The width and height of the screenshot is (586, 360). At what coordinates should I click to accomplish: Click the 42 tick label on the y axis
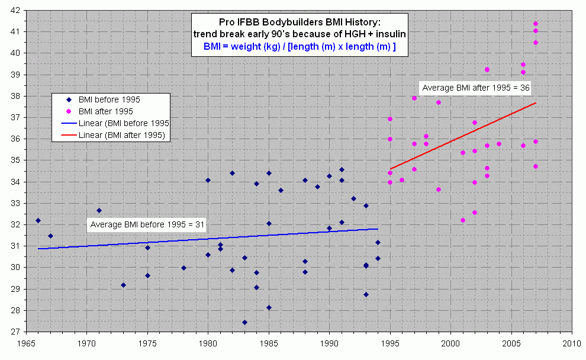[15, 10]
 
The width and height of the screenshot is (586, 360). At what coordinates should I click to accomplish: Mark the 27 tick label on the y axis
[15, 332]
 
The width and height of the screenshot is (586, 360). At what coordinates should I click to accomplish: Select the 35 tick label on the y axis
[15, 160]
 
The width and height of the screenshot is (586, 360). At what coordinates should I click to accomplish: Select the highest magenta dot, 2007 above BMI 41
[535, 24]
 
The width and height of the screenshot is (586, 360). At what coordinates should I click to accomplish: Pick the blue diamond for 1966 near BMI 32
[38, 220]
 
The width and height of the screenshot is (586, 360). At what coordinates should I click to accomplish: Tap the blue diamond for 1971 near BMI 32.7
[99, 210]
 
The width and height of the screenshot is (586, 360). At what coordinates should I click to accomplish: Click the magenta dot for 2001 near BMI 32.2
[462, 220]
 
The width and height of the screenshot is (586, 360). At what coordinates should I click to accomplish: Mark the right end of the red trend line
[535, 103]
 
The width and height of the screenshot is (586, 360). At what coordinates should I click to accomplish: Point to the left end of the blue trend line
[38, 249]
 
